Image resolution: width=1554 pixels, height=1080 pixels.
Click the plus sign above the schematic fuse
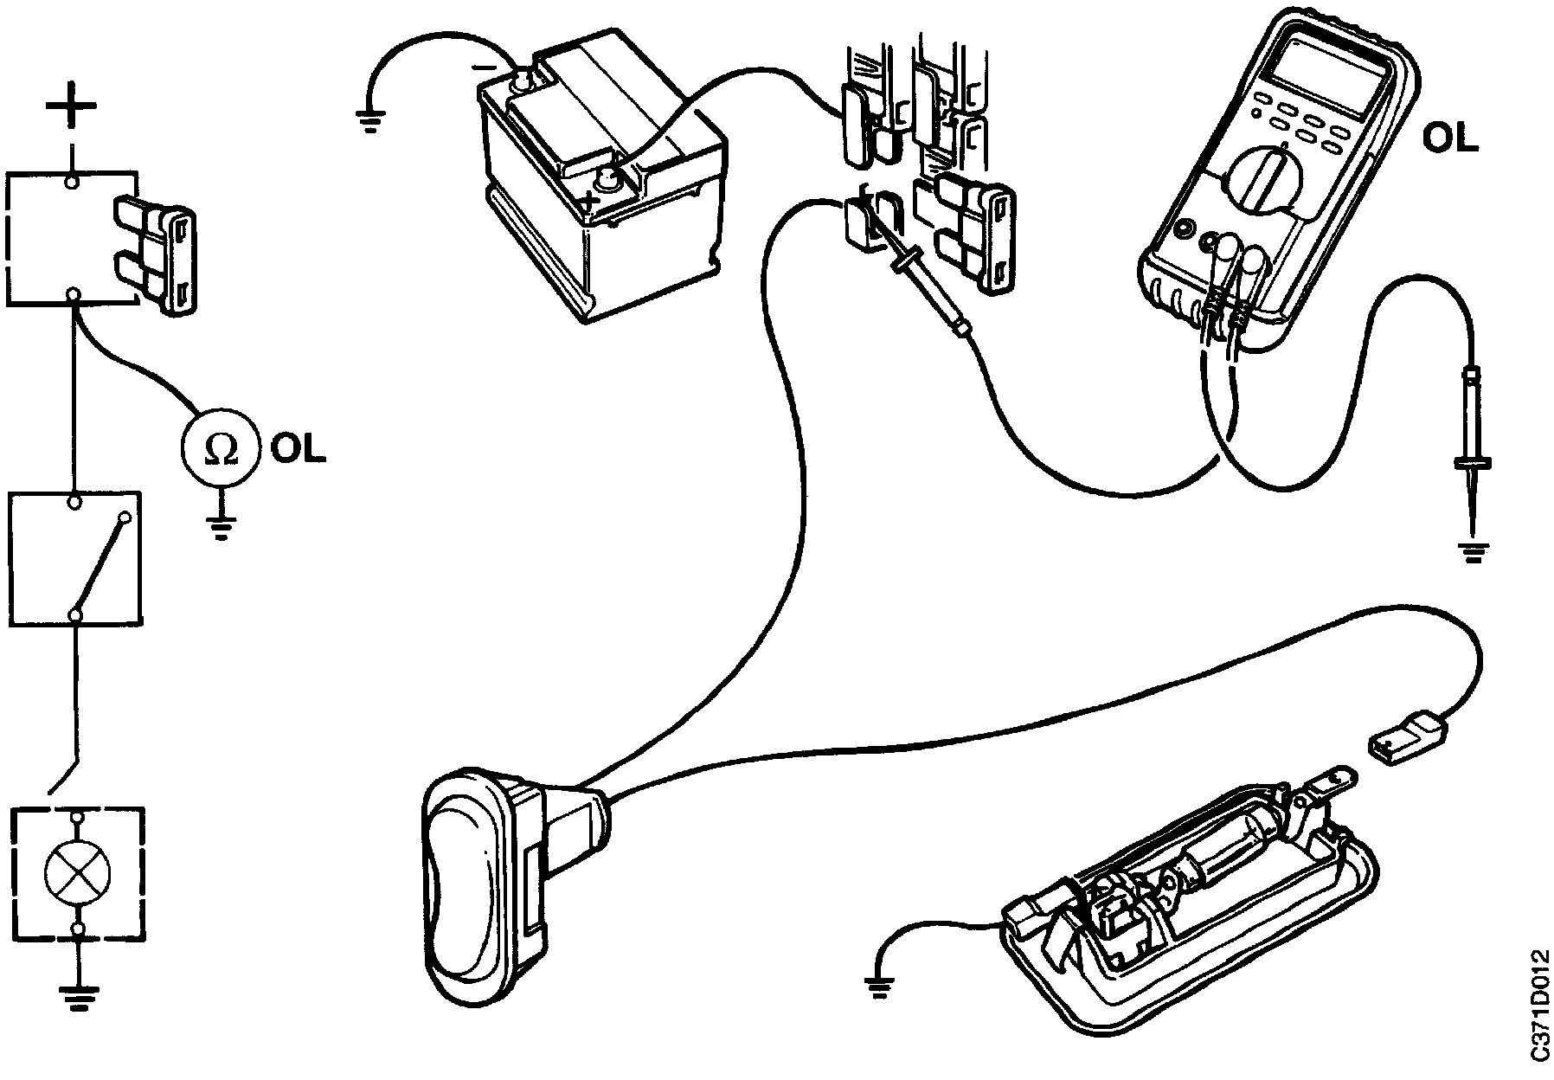[x=71, y=108]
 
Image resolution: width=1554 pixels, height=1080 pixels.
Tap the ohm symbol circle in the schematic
[x=220, y=447]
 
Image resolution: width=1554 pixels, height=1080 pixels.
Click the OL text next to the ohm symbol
[x=298, y=447]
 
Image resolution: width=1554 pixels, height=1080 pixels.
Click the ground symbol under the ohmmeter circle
[x=222, y=526]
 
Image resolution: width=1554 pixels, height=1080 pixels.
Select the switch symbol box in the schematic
[x=76, y=558]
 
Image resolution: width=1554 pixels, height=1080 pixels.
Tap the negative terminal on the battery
[x=522, y=82]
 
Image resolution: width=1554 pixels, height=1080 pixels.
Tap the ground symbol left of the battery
[x=369, y=121]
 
